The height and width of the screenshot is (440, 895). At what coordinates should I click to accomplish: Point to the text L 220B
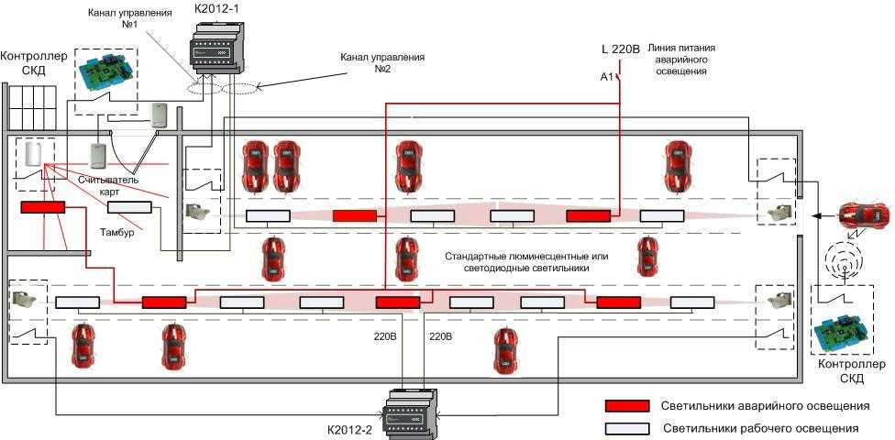[x=619, y=48]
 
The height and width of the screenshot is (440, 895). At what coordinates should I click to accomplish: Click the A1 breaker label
[x=606, y=77]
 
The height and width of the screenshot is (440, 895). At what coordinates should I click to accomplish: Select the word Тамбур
[x=117, y=234]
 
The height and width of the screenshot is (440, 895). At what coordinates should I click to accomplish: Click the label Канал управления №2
[x=382, y=63]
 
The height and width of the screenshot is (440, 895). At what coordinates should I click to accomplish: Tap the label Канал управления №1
[x=126, y=21]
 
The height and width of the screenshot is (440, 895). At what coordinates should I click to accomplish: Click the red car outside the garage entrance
[x=863, y=214]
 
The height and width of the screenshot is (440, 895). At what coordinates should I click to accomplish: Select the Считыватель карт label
[x=108, y=186]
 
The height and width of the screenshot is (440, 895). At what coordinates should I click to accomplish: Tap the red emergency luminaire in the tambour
[x=43, y=207]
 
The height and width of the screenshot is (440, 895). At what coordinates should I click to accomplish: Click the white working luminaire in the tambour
[x=127, y=208]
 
